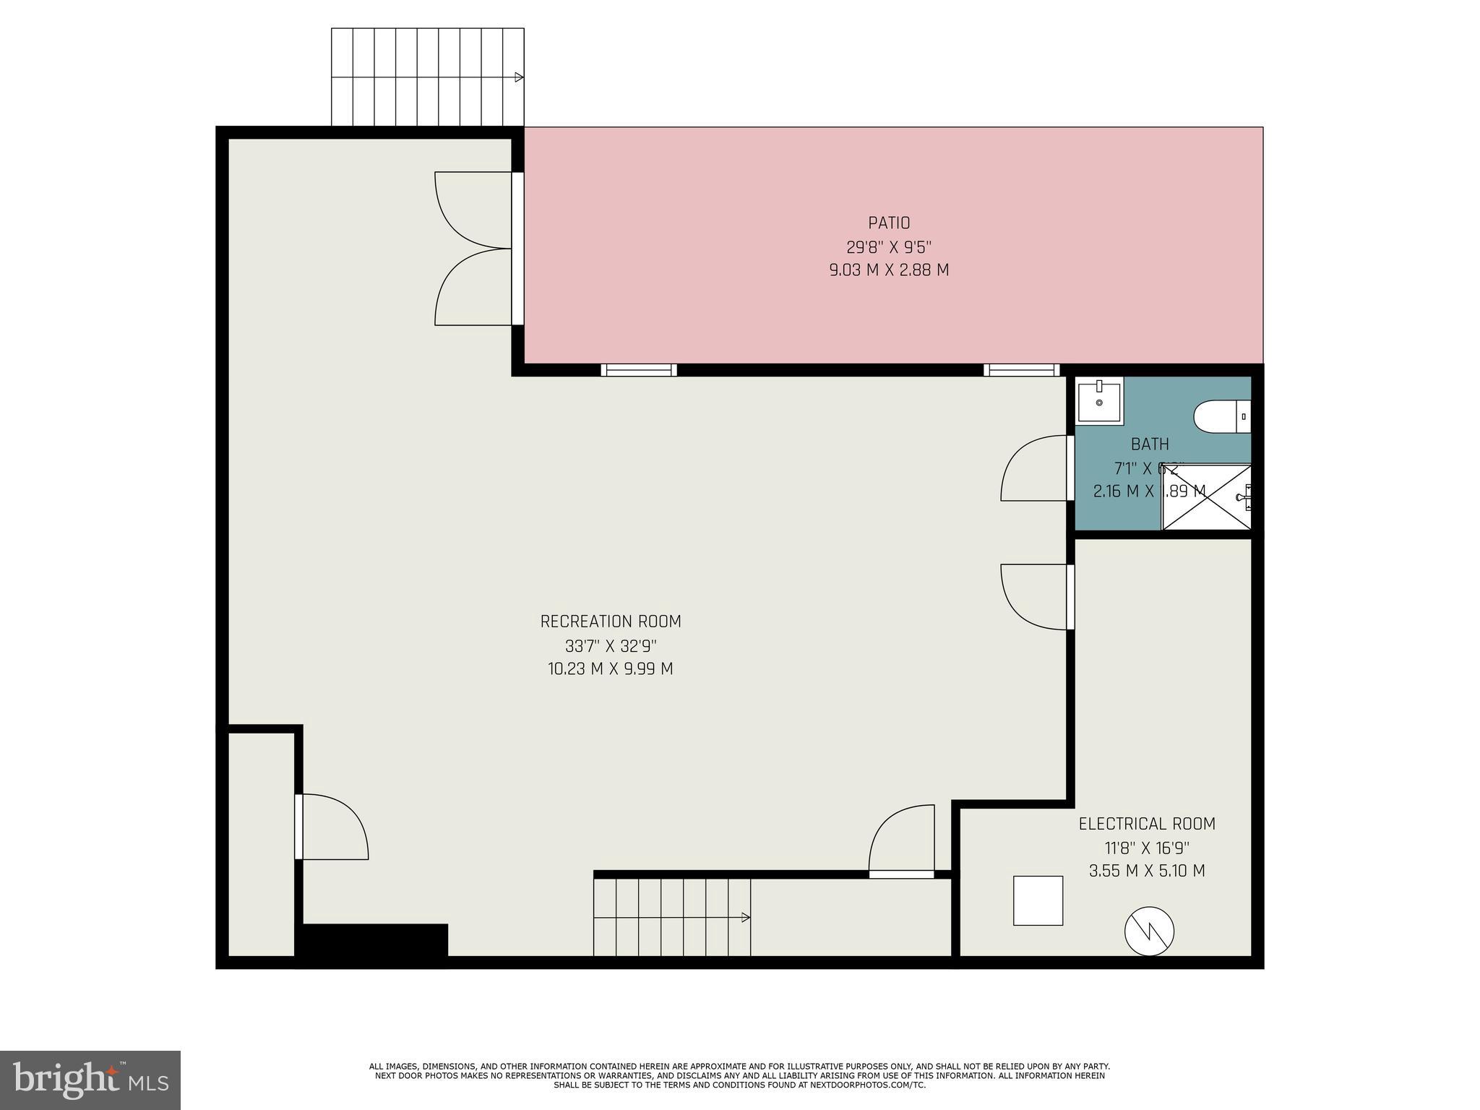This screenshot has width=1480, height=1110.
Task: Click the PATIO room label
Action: (889, 223)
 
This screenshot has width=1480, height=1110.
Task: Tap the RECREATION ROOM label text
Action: (611, 621)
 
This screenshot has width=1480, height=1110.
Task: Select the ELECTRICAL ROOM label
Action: (1147, 824)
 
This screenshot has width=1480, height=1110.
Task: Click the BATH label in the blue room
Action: (1150, 444)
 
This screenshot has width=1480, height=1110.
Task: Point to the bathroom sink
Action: (1099, 402)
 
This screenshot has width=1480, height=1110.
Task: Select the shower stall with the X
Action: (1205, 497)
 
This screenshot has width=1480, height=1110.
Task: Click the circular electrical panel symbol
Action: (1149, 931)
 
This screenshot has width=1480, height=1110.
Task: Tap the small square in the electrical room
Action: (1038, 900)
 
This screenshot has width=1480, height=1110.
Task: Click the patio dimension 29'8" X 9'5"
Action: (889, 247)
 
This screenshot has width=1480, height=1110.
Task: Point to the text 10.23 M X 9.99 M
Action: (611, 669)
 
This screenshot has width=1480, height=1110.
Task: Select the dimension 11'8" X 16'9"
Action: (1147, 848)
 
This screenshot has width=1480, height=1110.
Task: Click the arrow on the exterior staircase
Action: (519, 77)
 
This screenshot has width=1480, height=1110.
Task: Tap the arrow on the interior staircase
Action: (745, 918)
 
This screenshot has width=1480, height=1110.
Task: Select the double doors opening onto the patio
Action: (473, 249)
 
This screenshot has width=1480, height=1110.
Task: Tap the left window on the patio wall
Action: (639, 370)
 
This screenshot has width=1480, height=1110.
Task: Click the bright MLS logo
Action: (90, 1080)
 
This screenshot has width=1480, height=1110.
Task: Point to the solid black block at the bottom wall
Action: (374, 941)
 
